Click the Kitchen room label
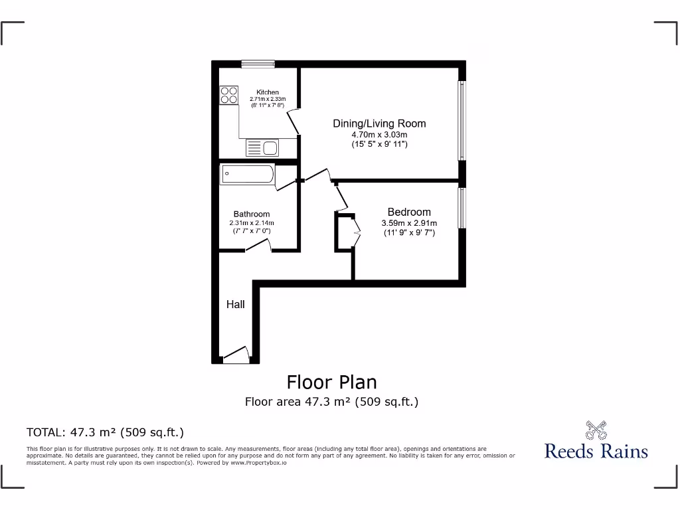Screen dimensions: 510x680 268,92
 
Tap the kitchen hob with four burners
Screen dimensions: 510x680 229,95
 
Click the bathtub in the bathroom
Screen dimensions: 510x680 247,175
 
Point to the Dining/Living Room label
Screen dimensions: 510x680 379,124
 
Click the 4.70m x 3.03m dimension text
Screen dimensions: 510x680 379,135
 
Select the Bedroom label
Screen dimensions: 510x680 409,212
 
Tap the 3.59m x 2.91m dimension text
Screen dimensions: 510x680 409,223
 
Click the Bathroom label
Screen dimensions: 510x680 252,214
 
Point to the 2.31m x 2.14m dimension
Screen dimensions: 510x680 252,223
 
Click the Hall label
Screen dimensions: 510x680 235,305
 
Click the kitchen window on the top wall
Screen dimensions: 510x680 258,64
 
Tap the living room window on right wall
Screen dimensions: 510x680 462,121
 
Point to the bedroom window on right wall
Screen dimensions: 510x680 462,208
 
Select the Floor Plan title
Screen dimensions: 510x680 331,382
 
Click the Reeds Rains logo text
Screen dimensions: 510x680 596,452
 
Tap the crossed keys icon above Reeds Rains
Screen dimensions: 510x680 596,430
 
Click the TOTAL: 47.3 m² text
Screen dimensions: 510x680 105,432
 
